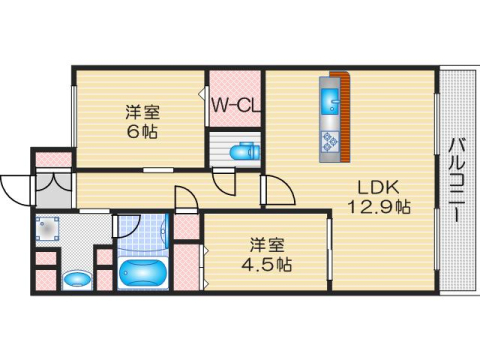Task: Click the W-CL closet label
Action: point(236,106)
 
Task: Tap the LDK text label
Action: point(378,188)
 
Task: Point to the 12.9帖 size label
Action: point(379,207)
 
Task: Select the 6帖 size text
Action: point(142,132)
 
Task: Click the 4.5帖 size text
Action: point(267,265)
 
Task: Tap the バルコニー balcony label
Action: point(457,180)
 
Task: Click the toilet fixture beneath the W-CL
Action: point(245,152)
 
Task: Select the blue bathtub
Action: point(143,273)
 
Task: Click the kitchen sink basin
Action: point(330,100)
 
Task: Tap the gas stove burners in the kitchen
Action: point(330,141)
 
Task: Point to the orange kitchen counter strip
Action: point(345,116)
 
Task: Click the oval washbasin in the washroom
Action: point(77,279)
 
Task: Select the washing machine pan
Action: point(48,229)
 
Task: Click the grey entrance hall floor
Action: point(53,191)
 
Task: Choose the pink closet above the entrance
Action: point(53,159)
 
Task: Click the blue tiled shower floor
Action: point(143,233)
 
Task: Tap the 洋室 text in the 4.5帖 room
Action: point(267,245)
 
